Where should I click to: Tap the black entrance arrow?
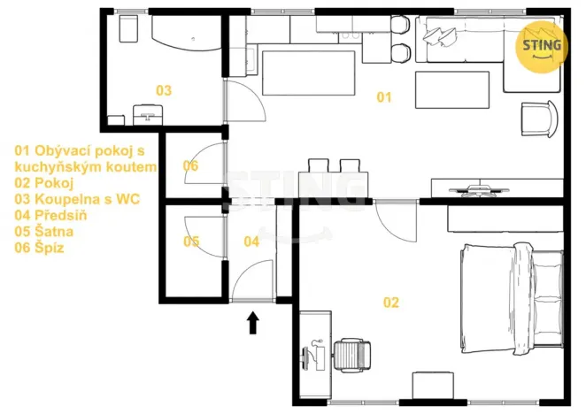(x=252, y=322)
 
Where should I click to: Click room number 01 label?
(x=383, y=97)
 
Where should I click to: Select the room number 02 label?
(x=390, y=303)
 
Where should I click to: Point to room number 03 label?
(x=164, y=90)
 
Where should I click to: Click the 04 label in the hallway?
(x=251, y=241)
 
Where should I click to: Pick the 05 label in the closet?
(x=191, y=241)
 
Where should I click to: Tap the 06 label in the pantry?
(x=190, y=165)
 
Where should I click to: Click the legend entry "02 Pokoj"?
(x=43, y=182)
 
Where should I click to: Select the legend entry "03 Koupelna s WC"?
(x=77, y=199)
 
